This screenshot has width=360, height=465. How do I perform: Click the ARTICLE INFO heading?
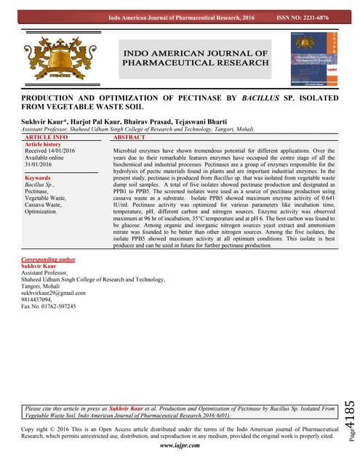[x=46, y=137]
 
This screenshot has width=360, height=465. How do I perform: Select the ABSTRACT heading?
[x=129, y=137]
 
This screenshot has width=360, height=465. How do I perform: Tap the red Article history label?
[x=43, y=144]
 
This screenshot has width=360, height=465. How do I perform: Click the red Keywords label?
[x=37, y=178]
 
